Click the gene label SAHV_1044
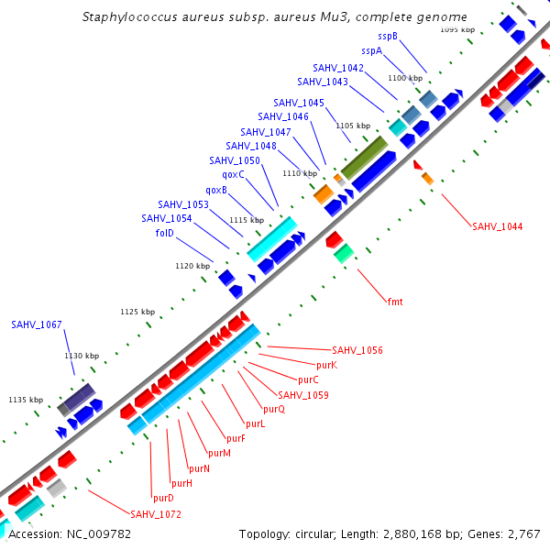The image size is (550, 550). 498,226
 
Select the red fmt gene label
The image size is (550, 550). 395,302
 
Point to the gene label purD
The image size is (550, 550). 163,498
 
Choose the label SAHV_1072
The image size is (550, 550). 156,514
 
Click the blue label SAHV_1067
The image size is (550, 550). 37,324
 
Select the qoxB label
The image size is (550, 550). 216,190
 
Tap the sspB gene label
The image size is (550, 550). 388,36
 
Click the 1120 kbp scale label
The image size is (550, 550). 192,266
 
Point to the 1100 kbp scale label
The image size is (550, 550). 405,78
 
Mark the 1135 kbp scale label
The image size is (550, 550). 26,400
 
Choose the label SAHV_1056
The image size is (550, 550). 357,350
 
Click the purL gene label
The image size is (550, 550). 255,423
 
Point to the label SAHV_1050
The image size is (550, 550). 235,160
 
